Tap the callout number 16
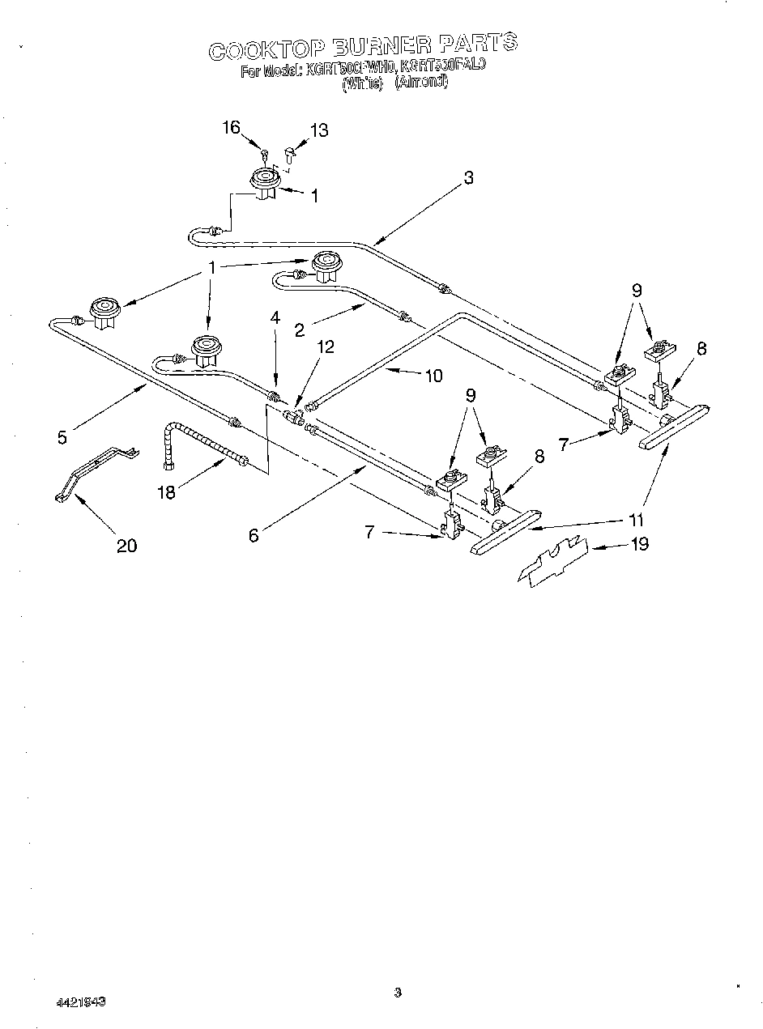231,127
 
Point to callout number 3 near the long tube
468,179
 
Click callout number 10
433,375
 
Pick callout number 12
325,347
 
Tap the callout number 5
62,437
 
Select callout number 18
166,491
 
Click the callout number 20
126,546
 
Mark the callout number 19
639,544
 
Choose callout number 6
254,535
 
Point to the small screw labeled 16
265,153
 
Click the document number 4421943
81,1002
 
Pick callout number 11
638,520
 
